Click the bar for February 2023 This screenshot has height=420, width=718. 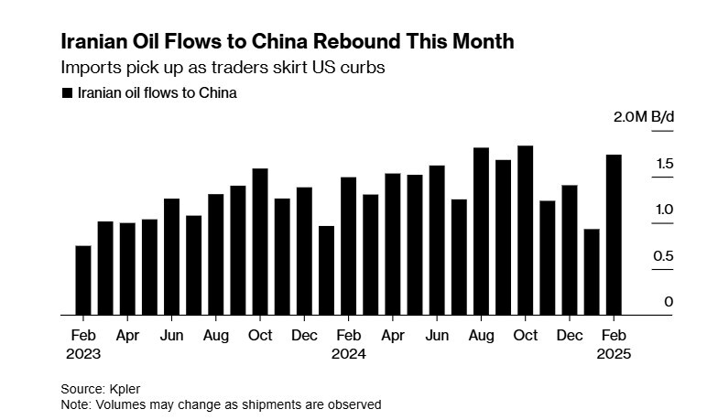(82, 280)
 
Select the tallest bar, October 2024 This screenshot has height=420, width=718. (525, 230)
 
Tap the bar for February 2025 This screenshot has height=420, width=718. (614, 234)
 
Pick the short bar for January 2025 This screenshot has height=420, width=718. (592, 272)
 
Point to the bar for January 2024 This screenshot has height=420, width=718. (326, 270)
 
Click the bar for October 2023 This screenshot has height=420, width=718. (259, 242)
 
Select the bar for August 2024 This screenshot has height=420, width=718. (481, 231)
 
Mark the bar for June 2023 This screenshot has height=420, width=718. (171, 256)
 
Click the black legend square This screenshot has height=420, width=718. (66, 92)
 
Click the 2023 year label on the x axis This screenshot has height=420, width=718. (83, 352)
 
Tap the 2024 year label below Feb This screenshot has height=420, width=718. (348, 352)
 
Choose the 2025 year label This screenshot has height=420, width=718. (614, 352)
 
